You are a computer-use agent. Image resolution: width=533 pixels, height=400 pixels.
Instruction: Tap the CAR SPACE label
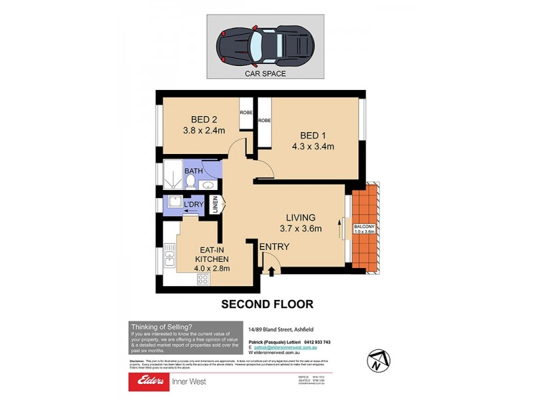click(266, 74)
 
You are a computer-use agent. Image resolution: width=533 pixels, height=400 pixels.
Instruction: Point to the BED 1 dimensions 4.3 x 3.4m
click(312, 146)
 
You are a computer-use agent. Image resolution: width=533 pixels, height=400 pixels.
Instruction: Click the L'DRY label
click(194, 203)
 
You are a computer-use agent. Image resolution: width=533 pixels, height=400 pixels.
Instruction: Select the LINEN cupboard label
click(215, 205)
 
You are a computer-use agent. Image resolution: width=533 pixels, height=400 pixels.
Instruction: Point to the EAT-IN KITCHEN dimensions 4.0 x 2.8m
click(212, 269)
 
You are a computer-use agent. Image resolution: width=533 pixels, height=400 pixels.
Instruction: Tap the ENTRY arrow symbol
click(272, 270)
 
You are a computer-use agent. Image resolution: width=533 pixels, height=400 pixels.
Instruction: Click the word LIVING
click(300, 217)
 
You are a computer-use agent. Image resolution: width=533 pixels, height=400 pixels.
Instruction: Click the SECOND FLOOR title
click(266, 304)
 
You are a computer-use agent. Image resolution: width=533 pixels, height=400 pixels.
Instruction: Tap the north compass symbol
click(376, 361)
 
